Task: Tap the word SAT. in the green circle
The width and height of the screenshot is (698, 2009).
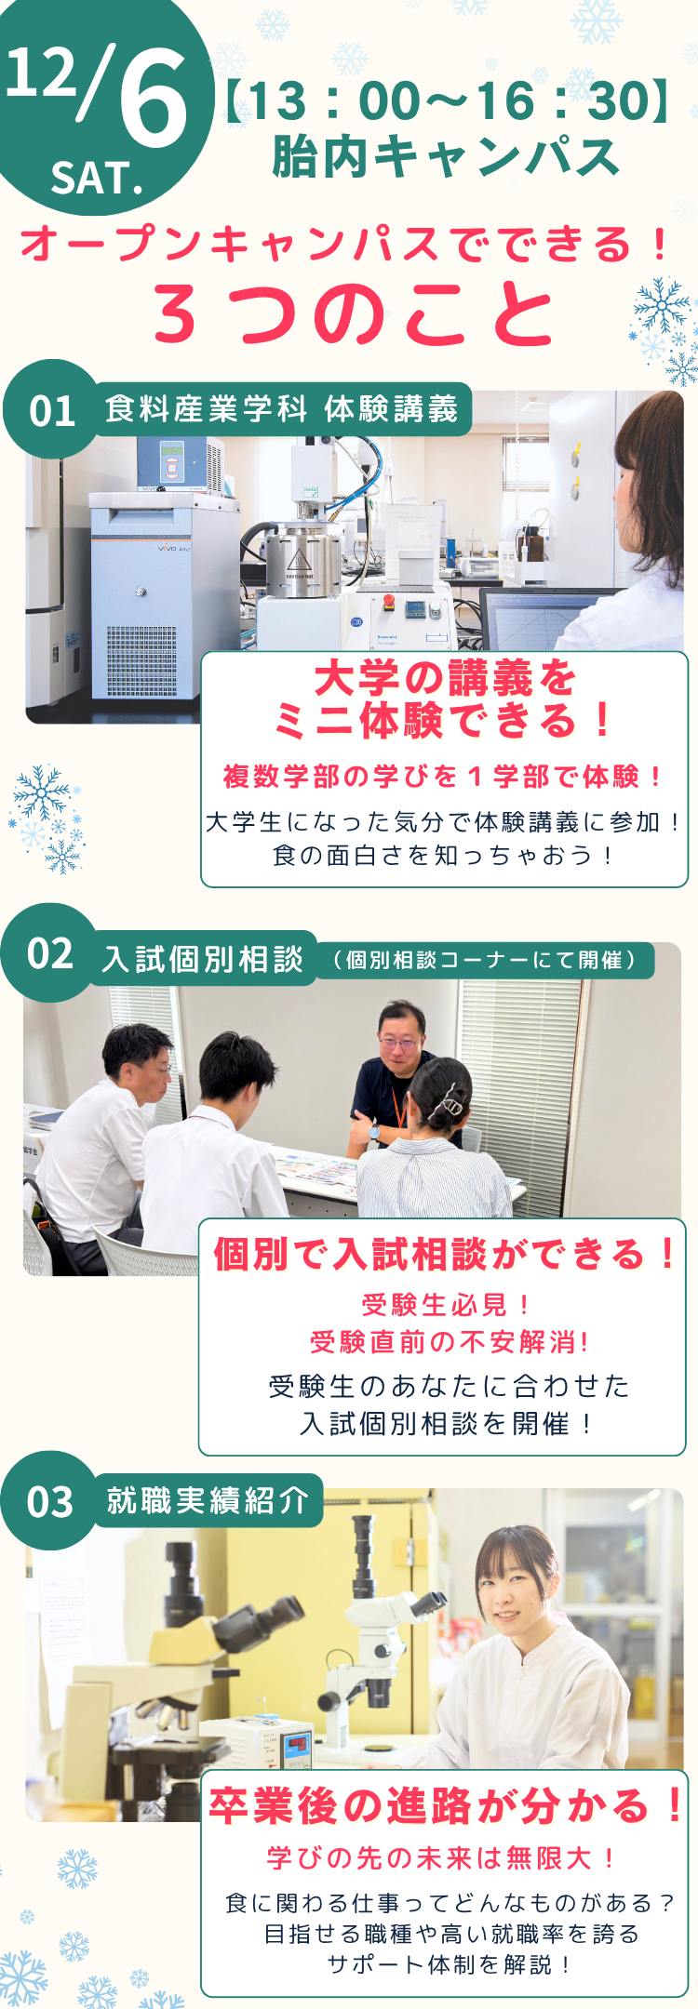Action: tap(98, 178)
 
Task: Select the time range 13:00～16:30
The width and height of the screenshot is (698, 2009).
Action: tap(448, 100)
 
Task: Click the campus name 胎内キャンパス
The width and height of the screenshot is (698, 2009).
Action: tap(446, 155)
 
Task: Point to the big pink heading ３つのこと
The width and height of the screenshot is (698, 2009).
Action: tap(354, 313)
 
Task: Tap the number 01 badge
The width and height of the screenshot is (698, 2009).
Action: tap(52, 410)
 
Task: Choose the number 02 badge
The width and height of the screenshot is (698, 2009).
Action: tap(50, 953)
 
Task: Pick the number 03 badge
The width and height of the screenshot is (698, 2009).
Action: tap(50, 1502)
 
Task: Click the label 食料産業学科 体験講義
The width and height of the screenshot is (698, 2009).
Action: tap(282, 408)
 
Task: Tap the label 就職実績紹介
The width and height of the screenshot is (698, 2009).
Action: tap(207, 1500)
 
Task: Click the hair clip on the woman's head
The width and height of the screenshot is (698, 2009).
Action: tap(450, 1104)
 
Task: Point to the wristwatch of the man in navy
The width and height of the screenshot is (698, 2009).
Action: tap(374, 1132)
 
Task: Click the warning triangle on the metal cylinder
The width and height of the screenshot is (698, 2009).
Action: tap(298, 560)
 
